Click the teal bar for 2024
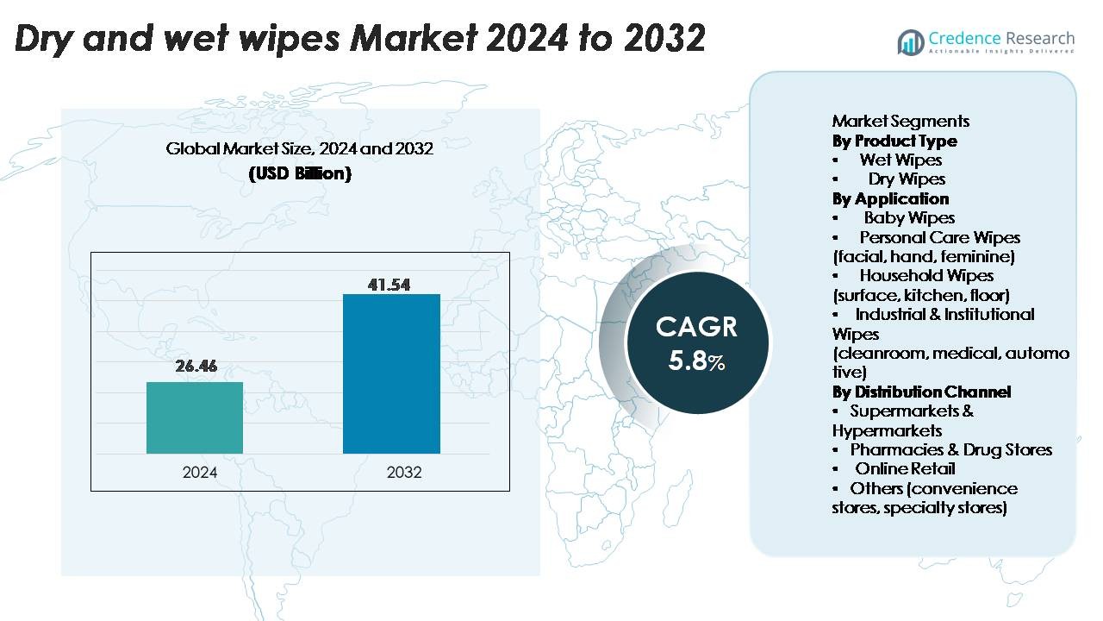[195, 417]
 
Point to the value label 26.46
[196, 366]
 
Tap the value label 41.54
[389, 285]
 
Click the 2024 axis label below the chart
[200, 473]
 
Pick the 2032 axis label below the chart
[404, 473]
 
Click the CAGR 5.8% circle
[696, 342]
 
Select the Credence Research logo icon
[911, 41]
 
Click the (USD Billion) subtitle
[300, 173]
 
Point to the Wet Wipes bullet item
[900, 160]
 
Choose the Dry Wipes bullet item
[907, 179]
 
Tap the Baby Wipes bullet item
[909, 217]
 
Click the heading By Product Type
[894, 141]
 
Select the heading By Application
[890, 198]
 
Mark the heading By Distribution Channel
[921, 392]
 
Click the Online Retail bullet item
[905, 468]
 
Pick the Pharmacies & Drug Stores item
[950, 449]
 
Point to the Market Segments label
[900, 121]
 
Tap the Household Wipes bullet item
[926, 275]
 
